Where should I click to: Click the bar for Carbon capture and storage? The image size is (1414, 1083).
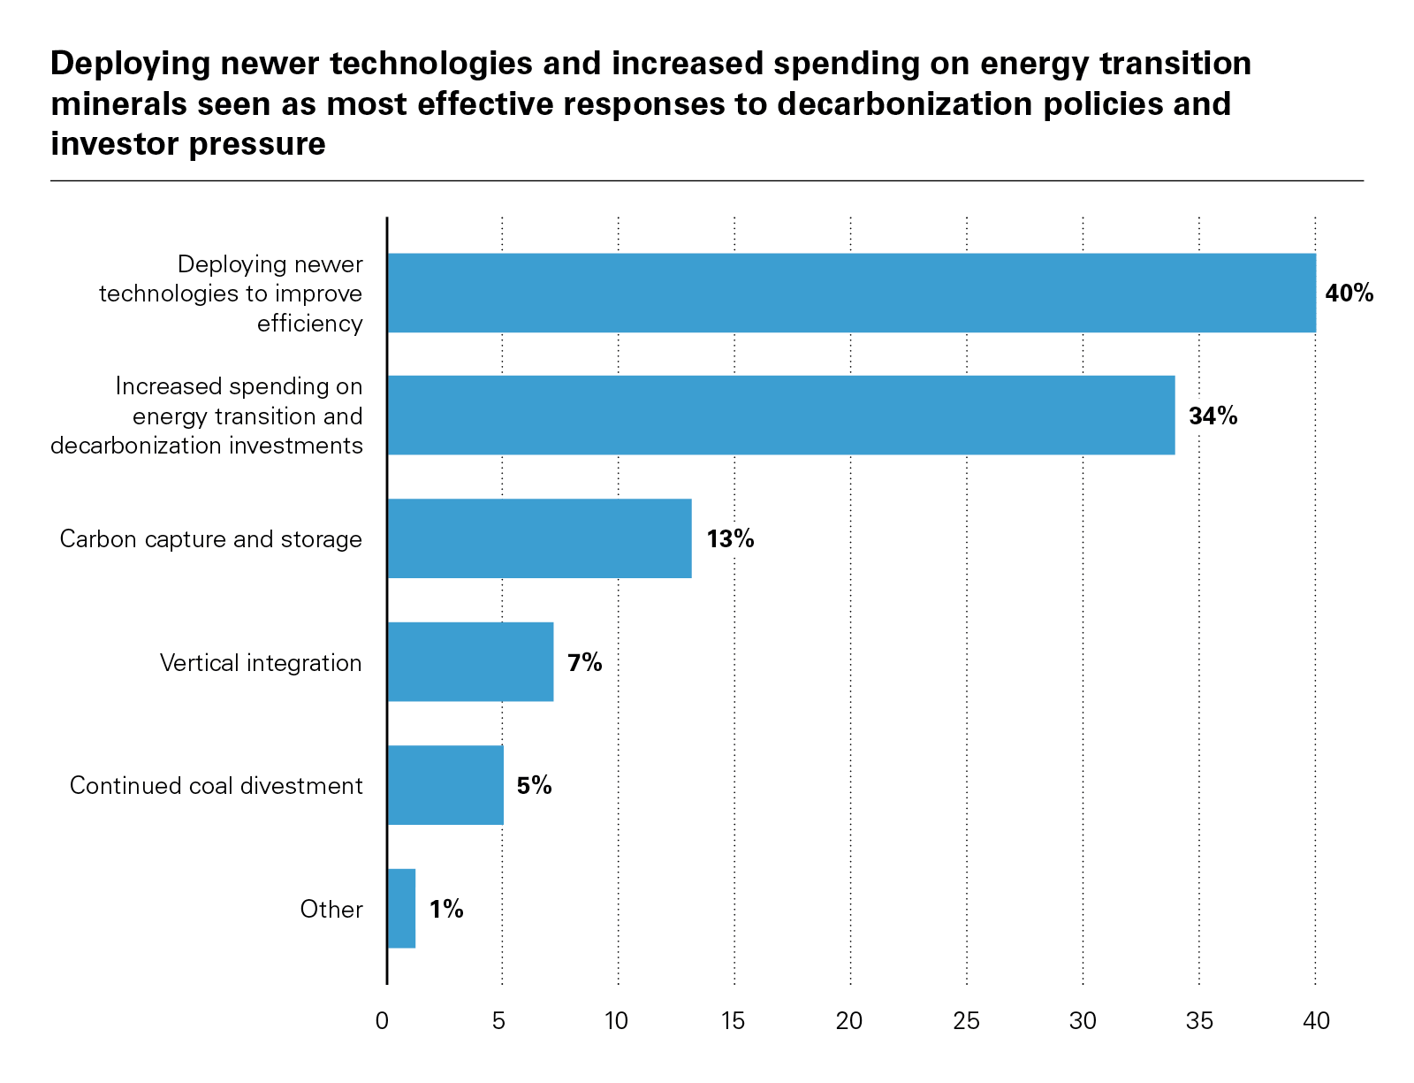pos(539,538)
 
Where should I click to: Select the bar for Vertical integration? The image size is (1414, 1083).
pos(470,662)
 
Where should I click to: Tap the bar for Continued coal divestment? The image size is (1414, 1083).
pos(445,785)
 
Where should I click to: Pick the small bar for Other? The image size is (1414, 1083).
pos(401,909)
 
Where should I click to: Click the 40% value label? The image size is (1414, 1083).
pos(1349,294)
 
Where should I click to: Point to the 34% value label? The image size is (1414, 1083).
pos(1213,416)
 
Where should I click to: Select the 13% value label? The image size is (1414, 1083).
pos(730,538)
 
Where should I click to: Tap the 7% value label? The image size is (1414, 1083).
pos(584,662)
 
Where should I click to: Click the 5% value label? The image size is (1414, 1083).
pos(534,785)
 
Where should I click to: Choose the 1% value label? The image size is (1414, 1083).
pos(446,909)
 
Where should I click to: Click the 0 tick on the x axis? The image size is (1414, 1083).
pos(382,1022)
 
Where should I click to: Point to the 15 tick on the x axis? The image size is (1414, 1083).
pos(733,1022)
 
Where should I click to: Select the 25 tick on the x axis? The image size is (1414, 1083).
pos(966,1022)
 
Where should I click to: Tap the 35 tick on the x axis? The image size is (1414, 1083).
pos(1198,1022)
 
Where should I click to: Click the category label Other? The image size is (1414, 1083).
pos(331,909)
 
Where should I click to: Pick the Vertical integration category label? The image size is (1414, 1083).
pos(261,663)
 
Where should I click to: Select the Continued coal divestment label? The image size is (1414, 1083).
pos(216,786)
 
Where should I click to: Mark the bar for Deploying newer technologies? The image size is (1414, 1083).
pos(851,294)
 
